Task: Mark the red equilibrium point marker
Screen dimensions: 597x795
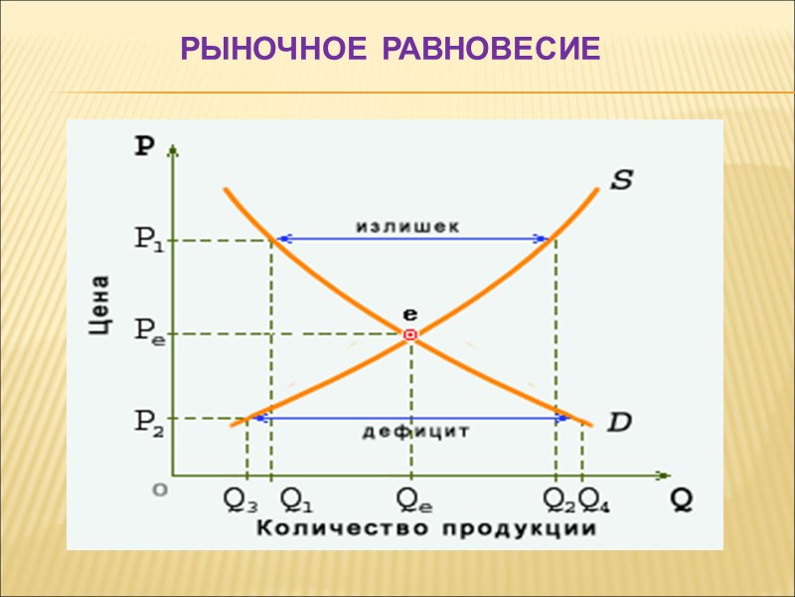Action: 409,335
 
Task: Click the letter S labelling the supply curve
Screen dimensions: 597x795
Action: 621,180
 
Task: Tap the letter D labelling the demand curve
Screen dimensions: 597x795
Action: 618,422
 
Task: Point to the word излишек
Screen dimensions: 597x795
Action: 407,226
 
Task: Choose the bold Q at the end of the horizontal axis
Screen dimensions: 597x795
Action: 682,499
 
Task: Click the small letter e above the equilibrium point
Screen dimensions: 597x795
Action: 409,312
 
